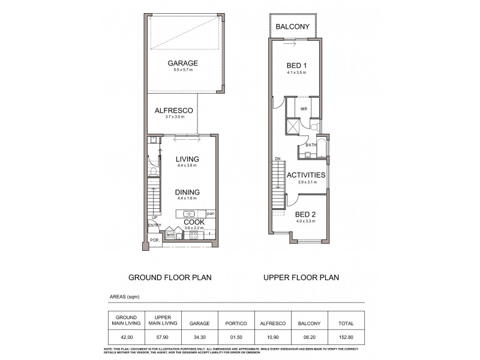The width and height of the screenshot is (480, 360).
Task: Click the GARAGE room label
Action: click(182, 64)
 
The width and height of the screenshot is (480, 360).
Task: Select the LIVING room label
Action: click(187, 159)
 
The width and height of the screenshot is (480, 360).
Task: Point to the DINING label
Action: click(187, 192)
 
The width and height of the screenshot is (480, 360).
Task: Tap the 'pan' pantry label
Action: click(210, 214)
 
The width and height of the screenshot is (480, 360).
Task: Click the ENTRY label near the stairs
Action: click(154, 226)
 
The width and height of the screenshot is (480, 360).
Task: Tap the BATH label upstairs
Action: click(311, 145)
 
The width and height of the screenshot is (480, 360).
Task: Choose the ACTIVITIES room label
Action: click(306, 175)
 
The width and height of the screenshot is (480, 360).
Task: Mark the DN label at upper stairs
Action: click(277, 159)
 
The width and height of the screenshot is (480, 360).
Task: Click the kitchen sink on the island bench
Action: click(188, 214)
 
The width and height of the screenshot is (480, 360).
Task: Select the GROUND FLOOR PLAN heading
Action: click(170, 278)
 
